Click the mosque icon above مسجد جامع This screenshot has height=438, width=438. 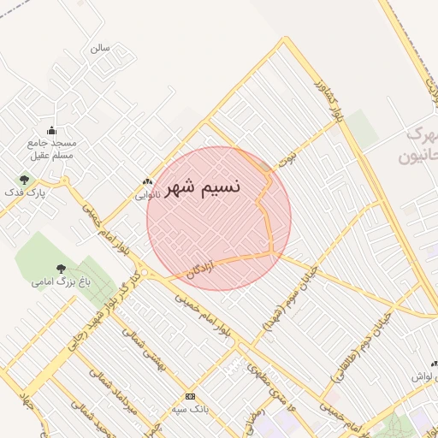tap(51, 131)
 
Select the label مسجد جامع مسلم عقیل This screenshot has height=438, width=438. tap(51, 149)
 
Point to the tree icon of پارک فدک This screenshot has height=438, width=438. tap(24, 180)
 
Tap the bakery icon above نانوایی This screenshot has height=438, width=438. tap(147, 181)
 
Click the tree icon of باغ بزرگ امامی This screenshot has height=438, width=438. tap(60, 269)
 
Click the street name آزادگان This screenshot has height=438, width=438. tap(198, 268)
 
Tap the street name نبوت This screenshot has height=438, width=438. tap(286, 159)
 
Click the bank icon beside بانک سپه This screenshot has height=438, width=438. tap(190, 396)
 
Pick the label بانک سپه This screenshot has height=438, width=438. tap(190, 408)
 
